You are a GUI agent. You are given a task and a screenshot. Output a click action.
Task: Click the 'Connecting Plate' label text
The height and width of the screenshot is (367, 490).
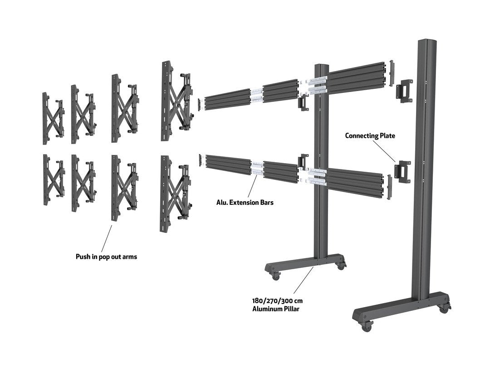(370, 135)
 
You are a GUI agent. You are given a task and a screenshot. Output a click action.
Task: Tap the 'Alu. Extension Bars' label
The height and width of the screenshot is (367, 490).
(245, 203)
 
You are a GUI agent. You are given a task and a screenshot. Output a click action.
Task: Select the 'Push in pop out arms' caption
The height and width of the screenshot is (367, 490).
(106, 257)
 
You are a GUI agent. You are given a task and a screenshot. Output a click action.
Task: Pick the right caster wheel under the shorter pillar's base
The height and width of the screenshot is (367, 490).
(339, 266)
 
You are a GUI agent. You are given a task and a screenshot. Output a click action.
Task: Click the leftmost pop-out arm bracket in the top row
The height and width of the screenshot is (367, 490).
(52, 118)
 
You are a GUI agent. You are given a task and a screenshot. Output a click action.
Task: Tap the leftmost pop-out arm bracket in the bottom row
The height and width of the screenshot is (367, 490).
(52, 179)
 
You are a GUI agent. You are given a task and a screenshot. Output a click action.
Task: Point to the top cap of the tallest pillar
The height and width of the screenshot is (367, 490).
(426, 43)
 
